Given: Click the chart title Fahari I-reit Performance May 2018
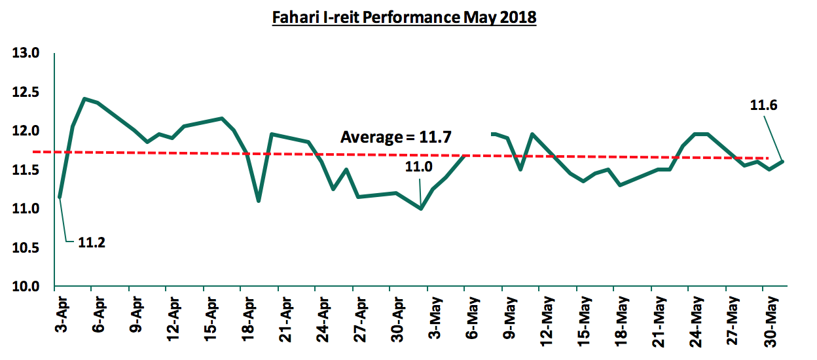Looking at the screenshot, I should [x=404, y=18].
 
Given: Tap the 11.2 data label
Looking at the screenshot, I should [x=92, y=243].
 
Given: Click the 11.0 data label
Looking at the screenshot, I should [x=418, y=167].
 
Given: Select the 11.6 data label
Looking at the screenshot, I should [x=763, y=105].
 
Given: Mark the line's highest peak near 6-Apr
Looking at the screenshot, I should [x=84, y=99].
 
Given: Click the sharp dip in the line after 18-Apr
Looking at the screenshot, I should [x=259, y=200].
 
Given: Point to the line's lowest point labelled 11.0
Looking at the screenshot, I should [x=420, y=209].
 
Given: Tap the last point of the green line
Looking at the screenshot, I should [x=782, y=161].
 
